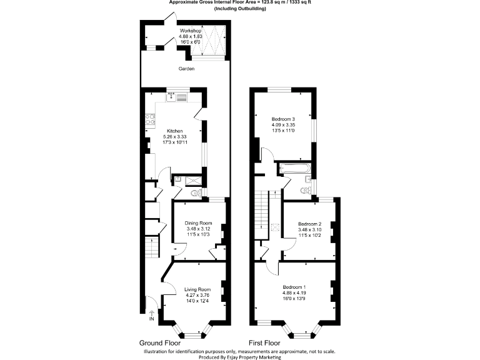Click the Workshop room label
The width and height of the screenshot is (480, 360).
tap(190, 31)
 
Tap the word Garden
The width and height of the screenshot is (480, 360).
tap(186, 69)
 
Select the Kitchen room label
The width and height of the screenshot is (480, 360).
tap(175, 131)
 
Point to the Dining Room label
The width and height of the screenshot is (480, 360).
tap(199, 223)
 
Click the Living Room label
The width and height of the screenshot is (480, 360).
tap(197, 289)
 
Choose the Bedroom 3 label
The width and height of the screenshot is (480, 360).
tap(283, 119)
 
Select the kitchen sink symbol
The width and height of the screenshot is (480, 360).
tap(177, 96)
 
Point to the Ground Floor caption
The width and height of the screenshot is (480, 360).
tap(159, 343)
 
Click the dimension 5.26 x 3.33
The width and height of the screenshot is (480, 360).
tap(175, 136)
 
